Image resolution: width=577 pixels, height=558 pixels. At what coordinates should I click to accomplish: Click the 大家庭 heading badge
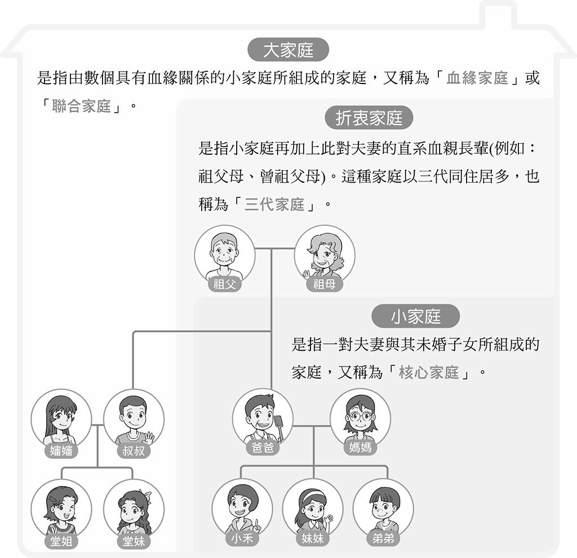[288, 50]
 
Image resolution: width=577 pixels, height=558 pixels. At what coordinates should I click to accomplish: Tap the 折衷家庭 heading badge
[369, 118]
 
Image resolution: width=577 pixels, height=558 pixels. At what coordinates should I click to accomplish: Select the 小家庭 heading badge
[415, 316]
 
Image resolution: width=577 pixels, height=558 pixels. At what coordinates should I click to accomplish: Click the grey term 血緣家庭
[477, 78]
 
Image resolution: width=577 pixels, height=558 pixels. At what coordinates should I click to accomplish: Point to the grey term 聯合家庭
[81, 106]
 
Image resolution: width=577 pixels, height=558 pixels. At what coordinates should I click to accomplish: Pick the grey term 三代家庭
[274, 204]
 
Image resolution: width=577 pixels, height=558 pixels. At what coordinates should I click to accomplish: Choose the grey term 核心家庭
[429, 373]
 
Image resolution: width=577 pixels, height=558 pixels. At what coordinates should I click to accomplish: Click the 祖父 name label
[224, 284]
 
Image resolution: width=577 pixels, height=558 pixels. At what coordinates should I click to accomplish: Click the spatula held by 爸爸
[279, 427]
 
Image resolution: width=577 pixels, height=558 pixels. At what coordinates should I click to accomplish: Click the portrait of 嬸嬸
[61, 419]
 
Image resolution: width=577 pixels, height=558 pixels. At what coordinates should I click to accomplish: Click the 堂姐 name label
[61, 541]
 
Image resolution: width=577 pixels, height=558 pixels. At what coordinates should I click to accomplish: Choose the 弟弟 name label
[383, 538]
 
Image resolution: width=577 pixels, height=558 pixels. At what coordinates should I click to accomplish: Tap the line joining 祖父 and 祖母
[274, 249]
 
